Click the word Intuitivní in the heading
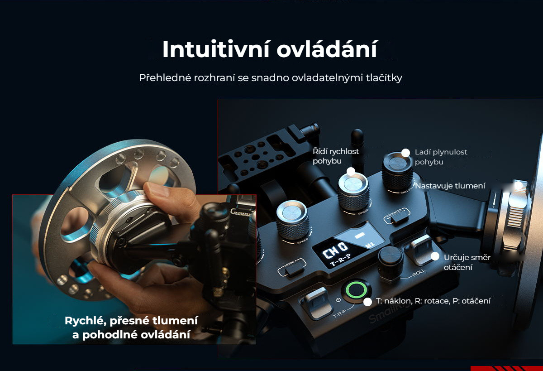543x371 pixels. [216, 49]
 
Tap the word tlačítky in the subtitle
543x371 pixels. [384, 78]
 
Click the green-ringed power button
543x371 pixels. [356, 290]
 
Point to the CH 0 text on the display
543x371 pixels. [335, 250]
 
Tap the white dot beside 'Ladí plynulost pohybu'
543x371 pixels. [405, 153]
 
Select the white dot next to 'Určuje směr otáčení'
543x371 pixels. [435, 256]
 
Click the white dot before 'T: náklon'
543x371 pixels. [368, 302]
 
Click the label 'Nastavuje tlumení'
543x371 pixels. [450, 186]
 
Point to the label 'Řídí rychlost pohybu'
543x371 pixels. [335, 156]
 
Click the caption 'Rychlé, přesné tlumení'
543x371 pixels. [131, 321]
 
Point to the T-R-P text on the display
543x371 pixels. [341, 260]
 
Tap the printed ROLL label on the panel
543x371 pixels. [419, 273]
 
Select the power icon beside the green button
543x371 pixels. [338, 300]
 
